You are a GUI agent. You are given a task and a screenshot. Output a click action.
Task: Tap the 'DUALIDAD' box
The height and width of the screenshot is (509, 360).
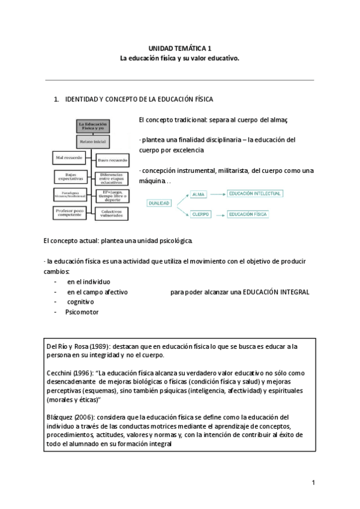[x=159, y=203]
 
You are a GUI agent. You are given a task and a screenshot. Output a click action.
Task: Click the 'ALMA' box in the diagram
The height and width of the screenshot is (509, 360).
[x=198, y=194]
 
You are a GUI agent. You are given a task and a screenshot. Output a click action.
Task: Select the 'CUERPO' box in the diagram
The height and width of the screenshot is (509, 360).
[x=200, y=214]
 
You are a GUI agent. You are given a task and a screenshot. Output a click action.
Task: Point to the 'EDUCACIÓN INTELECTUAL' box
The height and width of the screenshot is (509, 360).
[x=255, y=193]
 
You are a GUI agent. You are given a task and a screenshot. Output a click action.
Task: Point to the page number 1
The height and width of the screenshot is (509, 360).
[x=313, y=483]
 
